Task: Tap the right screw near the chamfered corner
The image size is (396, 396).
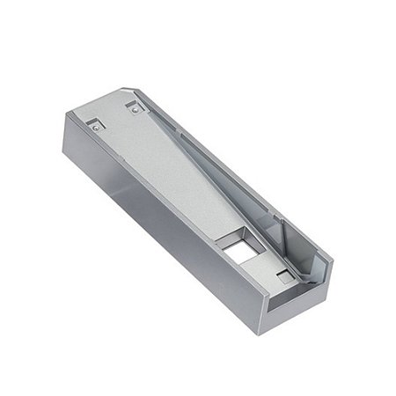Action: click(132, 110)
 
